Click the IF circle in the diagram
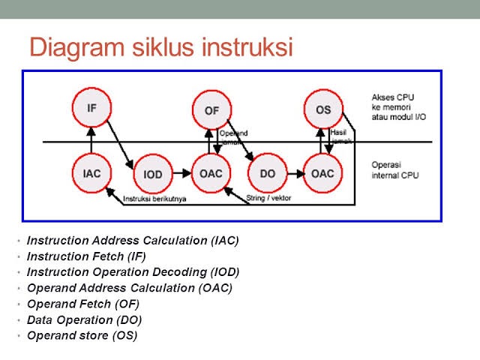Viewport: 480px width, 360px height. pos(91,109)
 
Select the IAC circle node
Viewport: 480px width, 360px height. pos(91,173)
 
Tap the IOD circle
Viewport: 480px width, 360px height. pos(152,175)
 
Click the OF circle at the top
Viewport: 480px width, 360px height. pos(211,110)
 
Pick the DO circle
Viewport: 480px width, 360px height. pos(268,174)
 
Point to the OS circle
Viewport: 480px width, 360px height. pos(323,110)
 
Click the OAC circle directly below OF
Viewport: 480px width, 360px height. pos(211,174)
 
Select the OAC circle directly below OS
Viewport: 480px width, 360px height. pos(323,174)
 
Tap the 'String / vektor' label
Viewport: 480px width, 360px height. pos(268,199)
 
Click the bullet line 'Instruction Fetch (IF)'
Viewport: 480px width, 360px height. pos(86,256)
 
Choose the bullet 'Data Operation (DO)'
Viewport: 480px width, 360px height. pos(84,320)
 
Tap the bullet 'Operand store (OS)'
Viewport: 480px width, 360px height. pos(82,336)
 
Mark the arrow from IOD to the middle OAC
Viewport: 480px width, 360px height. pos(181,175)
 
